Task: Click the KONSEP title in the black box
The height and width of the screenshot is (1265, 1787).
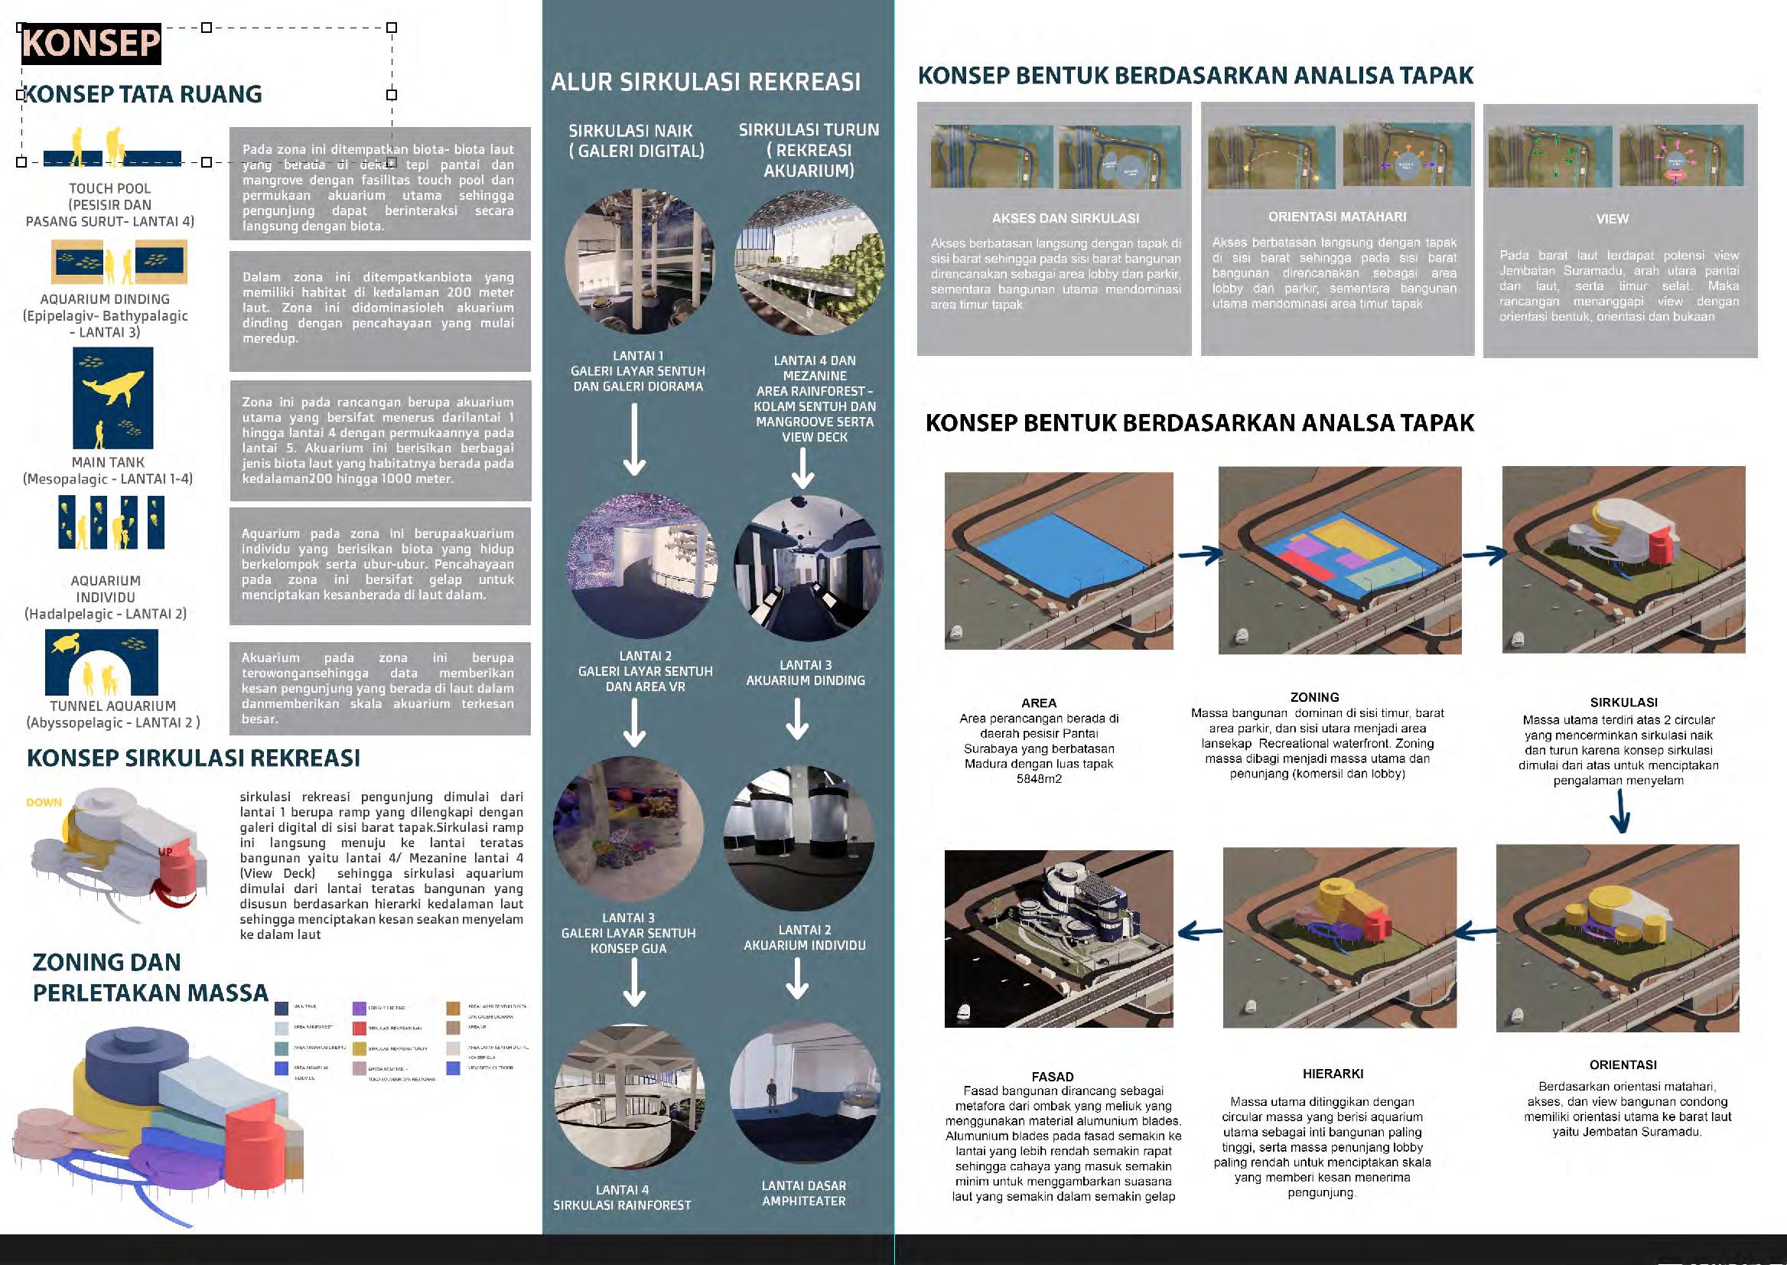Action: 91,43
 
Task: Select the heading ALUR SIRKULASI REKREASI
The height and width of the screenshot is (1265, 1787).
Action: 705,82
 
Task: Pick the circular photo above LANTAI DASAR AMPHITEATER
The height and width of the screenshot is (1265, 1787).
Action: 804,1090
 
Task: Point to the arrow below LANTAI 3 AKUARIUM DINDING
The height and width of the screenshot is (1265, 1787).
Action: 797,718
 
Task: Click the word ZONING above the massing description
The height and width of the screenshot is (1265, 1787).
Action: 1314,697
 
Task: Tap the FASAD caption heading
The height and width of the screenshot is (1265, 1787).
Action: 1052,1077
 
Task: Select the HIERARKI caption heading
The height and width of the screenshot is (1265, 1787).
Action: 1333,1074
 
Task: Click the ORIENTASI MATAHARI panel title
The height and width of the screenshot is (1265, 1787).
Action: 1337,217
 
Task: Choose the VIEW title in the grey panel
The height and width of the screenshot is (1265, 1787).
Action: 1612,219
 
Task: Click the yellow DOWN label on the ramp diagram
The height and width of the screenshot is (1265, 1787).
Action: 44,802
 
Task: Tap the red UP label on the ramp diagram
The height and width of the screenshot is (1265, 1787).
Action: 165,852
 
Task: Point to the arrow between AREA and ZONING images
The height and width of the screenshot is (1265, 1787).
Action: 1200,556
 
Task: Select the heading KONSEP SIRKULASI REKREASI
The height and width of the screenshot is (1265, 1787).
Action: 193,758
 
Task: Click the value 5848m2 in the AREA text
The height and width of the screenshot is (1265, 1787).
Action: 1039,778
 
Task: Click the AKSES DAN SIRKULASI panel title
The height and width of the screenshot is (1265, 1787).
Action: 1065,218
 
